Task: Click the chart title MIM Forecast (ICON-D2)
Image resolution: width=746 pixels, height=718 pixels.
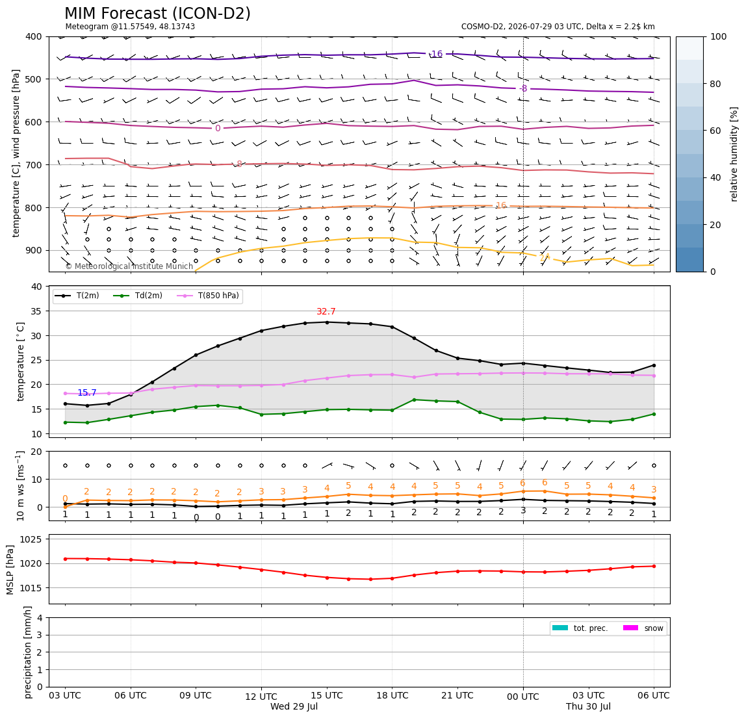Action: pos(157,14)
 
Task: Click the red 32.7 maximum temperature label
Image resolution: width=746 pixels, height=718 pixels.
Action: pos(326,312)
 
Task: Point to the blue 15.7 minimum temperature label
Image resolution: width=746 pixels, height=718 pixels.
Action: pos(87,392)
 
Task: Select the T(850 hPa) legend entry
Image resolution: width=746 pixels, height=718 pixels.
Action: pos(209,296)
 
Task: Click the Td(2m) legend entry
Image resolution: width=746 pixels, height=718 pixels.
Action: pos(138,296)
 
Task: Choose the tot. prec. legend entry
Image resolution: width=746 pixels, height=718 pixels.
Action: pos(580,628)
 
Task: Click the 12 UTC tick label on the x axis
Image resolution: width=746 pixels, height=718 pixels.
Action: pos(261,697)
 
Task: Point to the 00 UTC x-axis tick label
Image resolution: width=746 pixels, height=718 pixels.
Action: pos(523,697)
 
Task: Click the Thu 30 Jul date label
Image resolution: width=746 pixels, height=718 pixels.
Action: pos(589,706)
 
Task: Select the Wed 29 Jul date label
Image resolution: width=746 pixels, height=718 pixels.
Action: pos(294,706)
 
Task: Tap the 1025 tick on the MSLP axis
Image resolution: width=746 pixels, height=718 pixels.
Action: pos(32,539)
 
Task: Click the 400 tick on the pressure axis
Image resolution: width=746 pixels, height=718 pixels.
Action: pos(34,36)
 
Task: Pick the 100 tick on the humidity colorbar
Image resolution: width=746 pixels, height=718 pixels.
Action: pos(719,36)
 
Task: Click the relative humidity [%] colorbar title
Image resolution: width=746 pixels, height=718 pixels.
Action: pos(734,154)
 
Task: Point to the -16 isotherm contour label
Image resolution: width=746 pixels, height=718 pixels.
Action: pos(436,54)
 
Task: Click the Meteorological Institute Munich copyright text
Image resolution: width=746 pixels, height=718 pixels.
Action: pos(129,266)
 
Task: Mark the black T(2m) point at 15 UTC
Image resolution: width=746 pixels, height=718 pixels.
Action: pos(327,322)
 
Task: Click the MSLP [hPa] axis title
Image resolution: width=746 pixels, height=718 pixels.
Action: pos(10,569)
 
